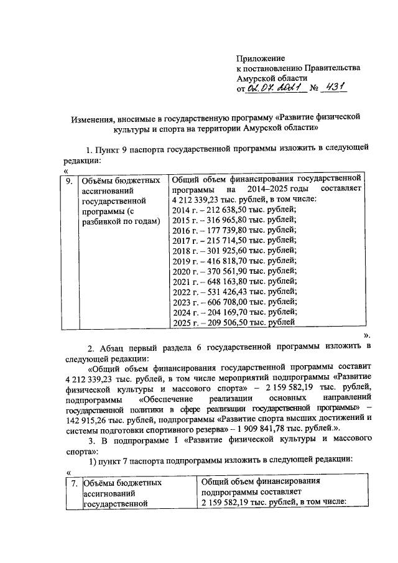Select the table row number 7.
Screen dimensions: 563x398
pos(73,482)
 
